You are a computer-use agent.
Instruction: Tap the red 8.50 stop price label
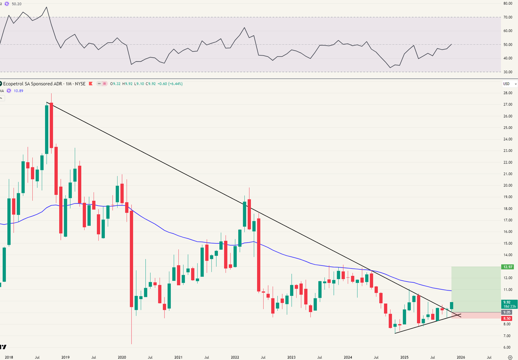click(x=507, y=318)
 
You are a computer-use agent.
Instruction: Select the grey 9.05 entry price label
click(x=507, y=312)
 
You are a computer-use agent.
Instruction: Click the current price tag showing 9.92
click(x=507, y=302)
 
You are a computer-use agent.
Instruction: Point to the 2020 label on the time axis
click(x=122, y=357)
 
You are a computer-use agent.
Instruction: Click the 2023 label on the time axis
click(x=291, y=357)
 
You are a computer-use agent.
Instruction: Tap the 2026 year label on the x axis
click(x=461, y=357)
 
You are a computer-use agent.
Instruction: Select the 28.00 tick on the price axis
click(x=508, y=93)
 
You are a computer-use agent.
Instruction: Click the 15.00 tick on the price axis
click(x=508, y=243)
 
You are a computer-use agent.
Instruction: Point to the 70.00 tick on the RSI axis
click(x=508, y=17)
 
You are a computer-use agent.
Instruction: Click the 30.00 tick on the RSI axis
click(x=508, y=72)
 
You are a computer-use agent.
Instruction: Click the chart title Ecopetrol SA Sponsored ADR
click(x=32, y=84)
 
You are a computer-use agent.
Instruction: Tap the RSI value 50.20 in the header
click(x=17, y=4)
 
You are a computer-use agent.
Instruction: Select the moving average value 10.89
click(x=18, y=91)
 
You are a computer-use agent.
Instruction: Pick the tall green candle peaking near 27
click(x=47, y=129)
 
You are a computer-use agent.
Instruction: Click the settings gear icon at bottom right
click(x=510, y=357)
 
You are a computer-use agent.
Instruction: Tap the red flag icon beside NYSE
click(x=91, y=84)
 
